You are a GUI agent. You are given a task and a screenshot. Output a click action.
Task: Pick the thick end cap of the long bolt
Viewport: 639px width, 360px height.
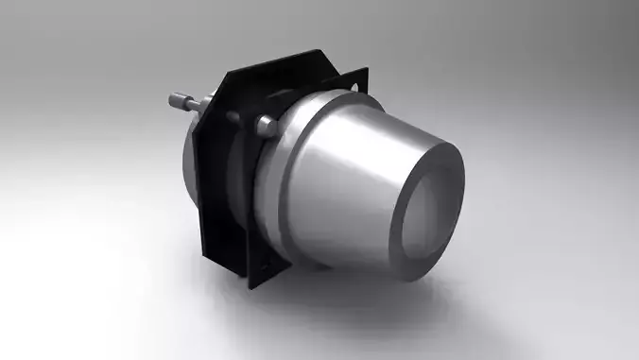point(176,99)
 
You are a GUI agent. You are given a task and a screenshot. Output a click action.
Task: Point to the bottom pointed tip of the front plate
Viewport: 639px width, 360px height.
point(256,284)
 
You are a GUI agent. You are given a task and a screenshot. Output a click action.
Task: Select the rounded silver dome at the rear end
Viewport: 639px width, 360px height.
point(186,161)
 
